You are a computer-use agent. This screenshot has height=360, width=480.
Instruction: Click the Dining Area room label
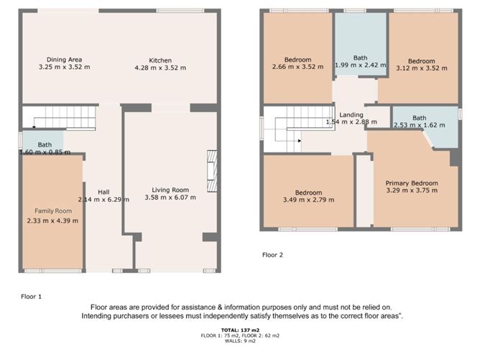tap(64, 60)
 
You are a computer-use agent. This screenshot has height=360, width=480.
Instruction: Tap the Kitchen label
tap(160, 60)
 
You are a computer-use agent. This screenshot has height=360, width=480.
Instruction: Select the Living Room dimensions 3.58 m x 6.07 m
tap(170, 198)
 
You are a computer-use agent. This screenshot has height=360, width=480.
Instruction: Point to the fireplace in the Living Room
tap(212, 171)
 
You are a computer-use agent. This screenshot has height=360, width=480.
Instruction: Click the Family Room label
tap(53, 211)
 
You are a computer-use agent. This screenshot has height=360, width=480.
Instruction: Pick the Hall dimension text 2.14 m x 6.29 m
tap(103, 200)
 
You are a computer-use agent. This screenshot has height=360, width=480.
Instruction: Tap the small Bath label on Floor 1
tap(45, 144)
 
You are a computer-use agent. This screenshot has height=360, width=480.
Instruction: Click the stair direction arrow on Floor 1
tap(34, 126)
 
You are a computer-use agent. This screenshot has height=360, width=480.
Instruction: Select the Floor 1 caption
tap(31, 296)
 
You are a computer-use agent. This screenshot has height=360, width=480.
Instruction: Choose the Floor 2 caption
tap(272, 254)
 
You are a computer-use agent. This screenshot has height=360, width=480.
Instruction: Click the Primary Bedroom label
tap(412, 183)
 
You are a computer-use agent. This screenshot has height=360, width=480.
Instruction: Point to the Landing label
tap(351, 115)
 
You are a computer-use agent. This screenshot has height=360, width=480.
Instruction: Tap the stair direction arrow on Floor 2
tap(300, 141)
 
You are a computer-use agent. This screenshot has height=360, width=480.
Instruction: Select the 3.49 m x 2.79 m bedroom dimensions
tap(308, 200)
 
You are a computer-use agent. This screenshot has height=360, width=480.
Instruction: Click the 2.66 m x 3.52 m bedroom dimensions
tap(298, 67)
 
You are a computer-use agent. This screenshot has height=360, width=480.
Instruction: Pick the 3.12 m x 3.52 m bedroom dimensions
tap(422, 68)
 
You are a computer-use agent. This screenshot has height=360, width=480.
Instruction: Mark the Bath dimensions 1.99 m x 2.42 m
tap(360, 65)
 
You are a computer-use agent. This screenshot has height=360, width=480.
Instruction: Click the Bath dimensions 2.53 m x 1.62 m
tap(420, 125)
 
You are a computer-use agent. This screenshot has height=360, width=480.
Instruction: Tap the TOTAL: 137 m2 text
tap(240, 330)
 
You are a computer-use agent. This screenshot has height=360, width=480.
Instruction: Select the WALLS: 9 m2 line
tap(240, 341)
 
